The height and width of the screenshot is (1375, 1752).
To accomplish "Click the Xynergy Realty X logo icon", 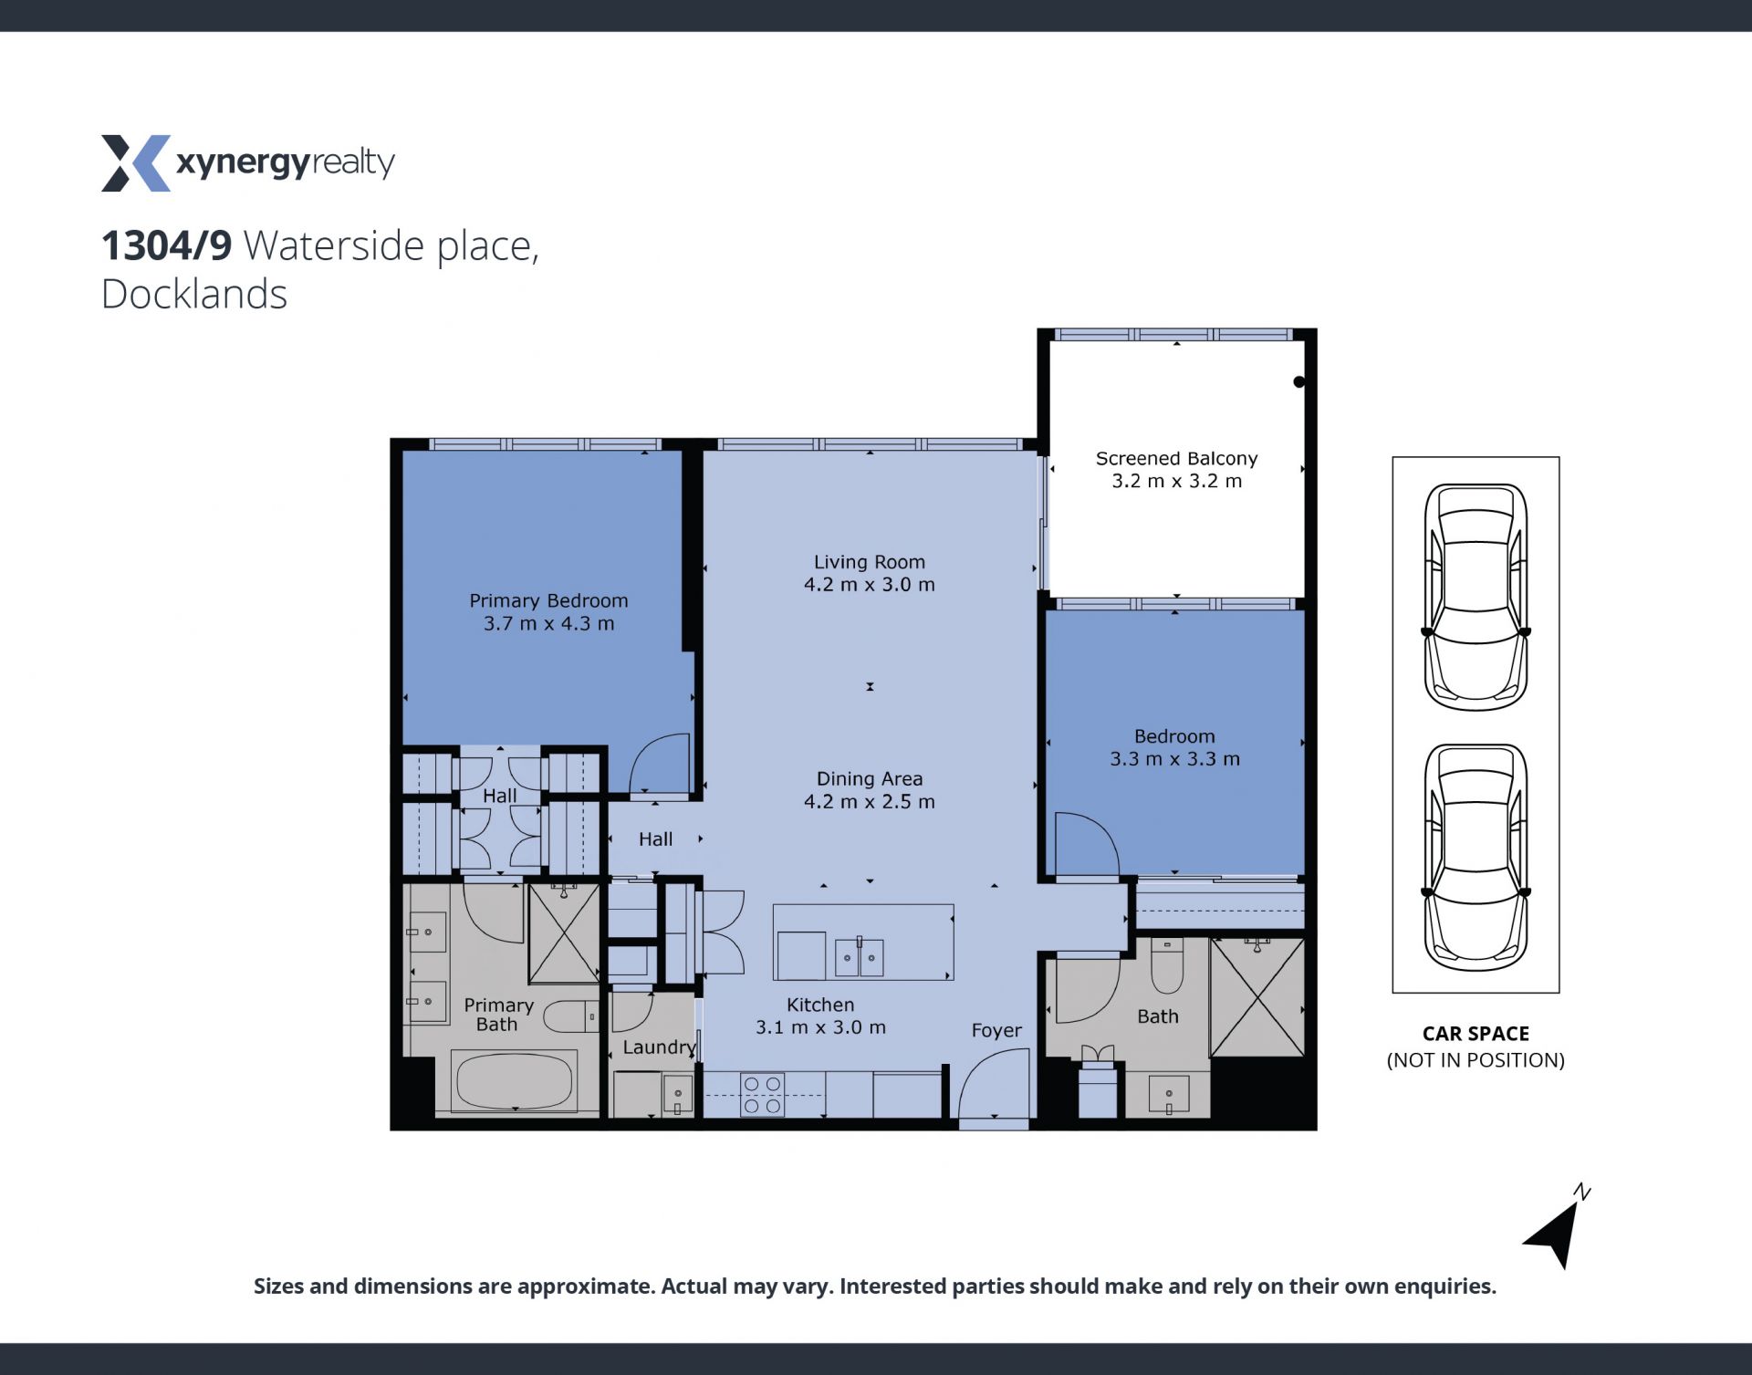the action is [x=135, y=163].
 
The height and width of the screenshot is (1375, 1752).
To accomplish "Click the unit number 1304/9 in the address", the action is [x=166, y=245].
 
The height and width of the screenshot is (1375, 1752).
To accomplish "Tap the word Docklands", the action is [x=194, y=294].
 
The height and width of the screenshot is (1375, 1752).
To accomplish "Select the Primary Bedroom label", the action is [x=548, y=600].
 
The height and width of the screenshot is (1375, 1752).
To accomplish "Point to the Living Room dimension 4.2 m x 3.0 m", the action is [x=869, y=585].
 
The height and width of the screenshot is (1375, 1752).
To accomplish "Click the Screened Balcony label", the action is [x=1176, y=458].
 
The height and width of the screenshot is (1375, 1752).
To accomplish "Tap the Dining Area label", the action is [x=869, y=779].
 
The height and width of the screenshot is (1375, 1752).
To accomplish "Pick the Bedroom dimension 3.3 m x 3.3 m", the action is [x=1174, y=759].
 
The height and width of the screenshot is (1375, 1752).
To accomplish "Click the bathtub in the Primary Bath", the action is [x=516, y=1082].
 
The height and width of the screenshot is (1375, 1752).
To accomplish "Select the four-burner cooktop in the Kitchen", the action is [x=763, y=1094].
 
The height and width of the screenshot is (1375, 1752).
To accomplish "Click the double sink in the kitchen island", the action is [x=860, y=957].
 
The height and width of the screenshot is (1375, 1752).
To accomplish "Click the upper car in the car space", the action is [x=1476, y=598].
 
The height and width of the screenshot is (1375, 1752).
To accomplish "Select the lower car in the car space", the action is [x=1476, y=858].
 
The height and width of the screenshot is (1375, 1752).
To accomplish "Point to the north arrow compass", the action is [x=1555, y=1232].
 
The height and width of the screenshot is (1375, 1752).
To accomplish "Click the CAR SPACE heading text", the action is [x=1476, y=1034].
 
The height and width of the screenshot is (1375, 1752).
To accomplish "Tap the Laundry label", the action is [x=659, y=1047].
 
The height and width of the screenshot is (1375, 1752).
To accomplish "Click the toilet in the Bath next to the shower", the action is [x=1167, y=966].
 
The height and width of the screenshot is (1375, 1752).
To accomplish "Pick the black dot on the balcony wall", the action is [x=1299, y=382].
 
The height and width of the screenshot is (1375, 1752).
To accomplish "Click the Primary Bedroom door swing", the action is [x=659, y=763].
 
